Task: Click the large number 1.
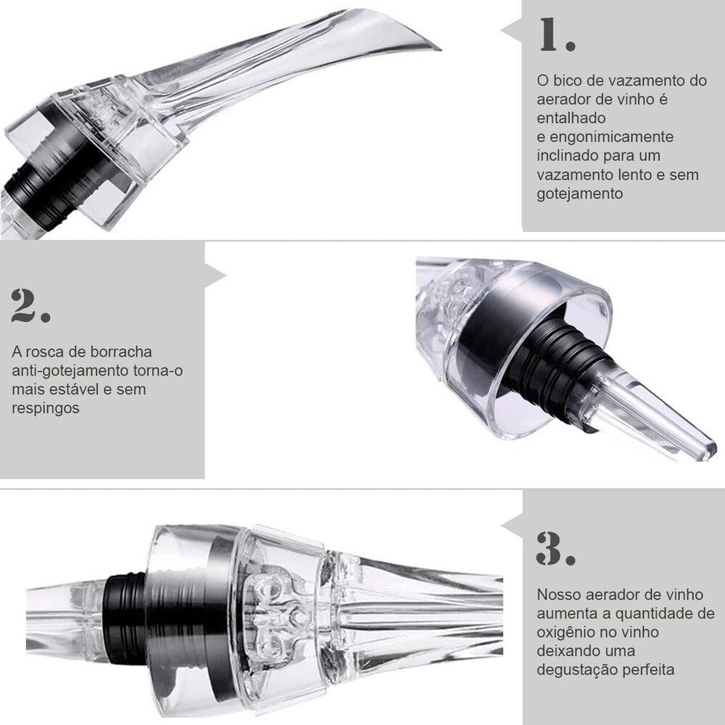[557, 35]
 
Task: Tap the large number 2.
[30, 305]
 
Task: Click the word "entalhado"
[571, 118]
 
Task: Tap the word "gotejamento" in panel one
[580, 194]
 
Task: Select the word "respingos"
[45, 409]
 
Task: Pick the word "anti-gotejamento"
[70, 370]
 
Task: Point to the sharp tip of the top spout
[441, 49]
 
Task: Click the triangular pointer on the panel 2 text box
[215, 275]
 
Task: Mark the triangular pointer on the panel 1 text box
[511, 31]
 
